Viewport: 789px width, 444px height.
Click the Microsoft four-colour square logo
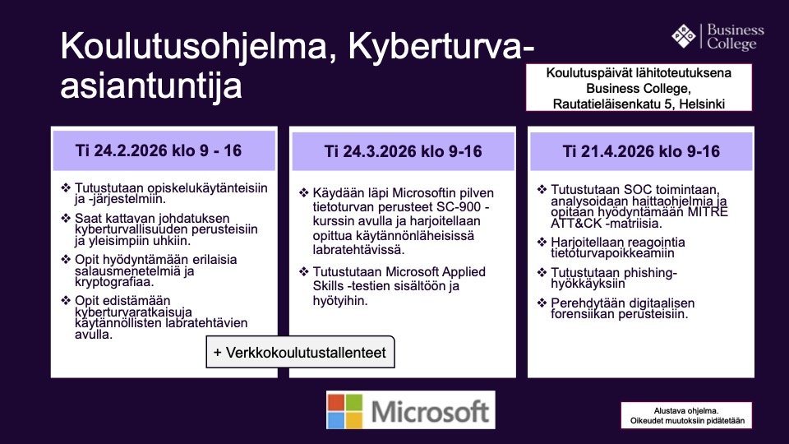click(x=344, y=411)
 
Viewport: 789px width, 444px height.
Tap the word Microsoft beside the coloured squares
click(x=430, y=411)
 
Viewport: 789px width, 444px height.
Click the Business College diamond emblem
click(x=684, y=36)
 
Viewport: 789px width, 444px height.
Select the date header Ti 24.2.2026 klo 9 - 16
click(x=159, y=150)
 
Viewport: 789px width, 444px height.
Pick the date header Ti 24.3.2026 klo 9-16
click(x=403, y=151)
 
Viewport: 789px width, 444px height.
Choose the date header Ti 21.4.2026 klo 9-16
click(x=641, y=151)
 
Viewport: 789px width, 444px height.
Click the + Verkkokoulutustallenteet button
click(x=301, y=352)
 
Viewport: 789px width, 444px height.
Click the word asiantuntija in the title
click(x=151, y=85)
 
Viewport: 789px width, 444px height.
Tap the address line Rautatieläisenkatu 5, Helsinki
click(x=639, y=104)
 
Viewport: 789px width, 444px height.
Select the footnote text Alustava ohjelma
click(x=686, y=411)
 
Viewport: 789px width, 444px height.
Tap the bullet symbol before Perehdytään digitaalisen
click(x=542, y=303)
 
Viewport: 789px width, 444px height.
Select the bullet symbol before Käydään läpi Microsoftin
click(x=304, y=192)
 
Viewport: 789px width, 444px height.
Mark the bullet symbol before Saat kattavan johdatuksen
click(x=66, y=218)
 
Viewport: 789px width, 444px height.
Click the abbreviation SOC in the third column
click(x=636, y=190)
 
